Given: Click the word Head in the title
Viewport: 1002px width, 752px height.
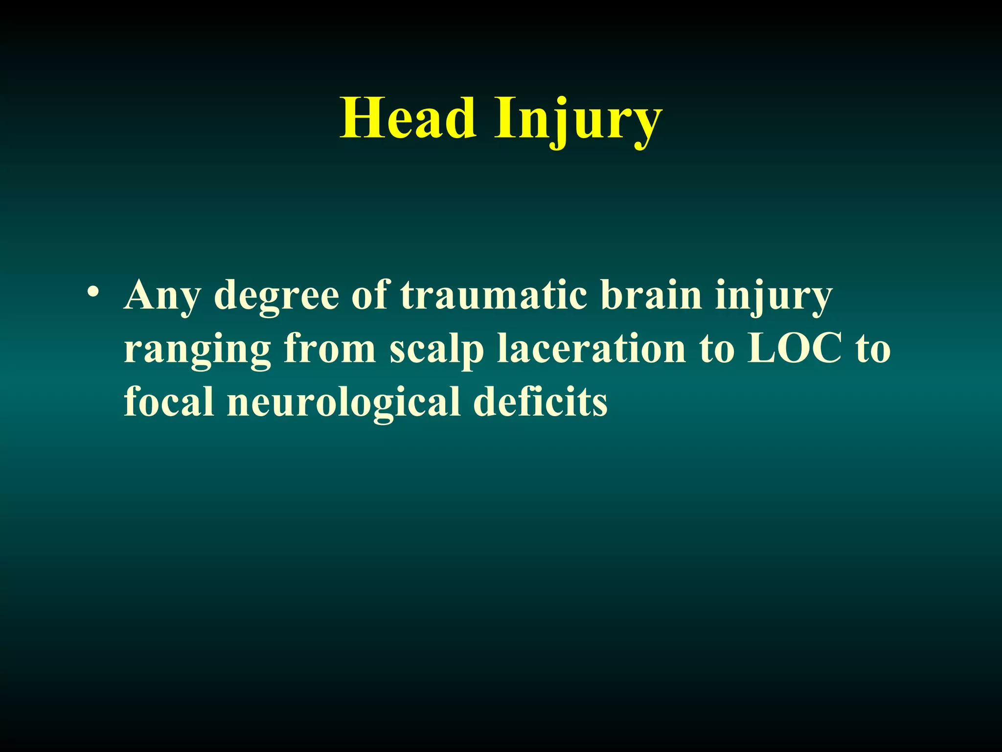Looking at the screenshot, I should pos(408,119).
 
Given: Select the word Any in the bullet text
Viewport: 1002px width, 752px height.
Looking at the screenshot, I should pos(162,296).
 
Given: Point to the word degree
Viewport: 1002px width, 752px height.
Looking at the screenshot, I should pos(276,296).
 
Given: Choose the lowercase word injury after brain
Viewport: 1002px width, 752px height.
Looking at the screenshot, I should pos(773,296).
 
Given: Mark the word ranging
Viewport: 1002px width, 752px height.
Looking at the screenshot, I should pos(197,351).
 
